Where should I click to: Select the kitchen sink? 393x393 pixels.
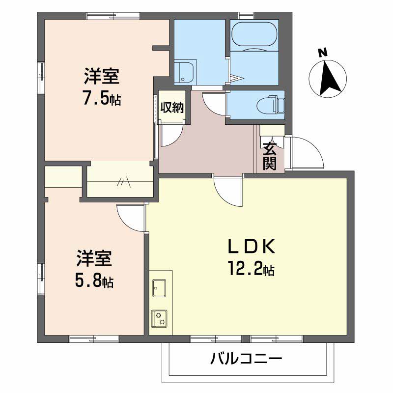[x=159, y=288]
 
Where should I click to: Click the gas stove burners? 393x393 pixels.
[x=159, y=318]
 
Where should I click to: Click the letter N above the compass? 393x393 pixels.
[x=323, y=53]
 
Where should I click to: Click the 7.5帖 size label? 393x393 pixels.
[x=102, y=99]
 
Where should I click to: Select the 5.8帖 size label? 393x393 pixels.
[x=94, y=281]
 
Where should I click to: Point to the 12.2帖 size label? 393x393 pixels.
[x=251, y=269]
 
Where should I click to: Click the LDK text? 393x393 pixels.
[x=251, y=247]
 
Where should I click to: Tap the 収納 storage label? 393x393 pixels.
[x=172, y=107]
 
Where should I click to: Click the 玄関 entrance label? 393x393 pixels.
[x=269, y=156]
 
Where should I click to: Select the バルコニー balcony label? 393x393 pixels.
[x=246, y=359]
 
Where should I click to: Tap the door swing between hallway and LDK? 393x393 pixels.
[x=228, y=191]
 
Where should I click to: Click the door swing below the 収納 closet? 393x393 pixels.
[x=171, y=135]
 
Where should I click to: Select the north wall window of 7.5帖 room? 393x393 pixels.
[x=113, y=16]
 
